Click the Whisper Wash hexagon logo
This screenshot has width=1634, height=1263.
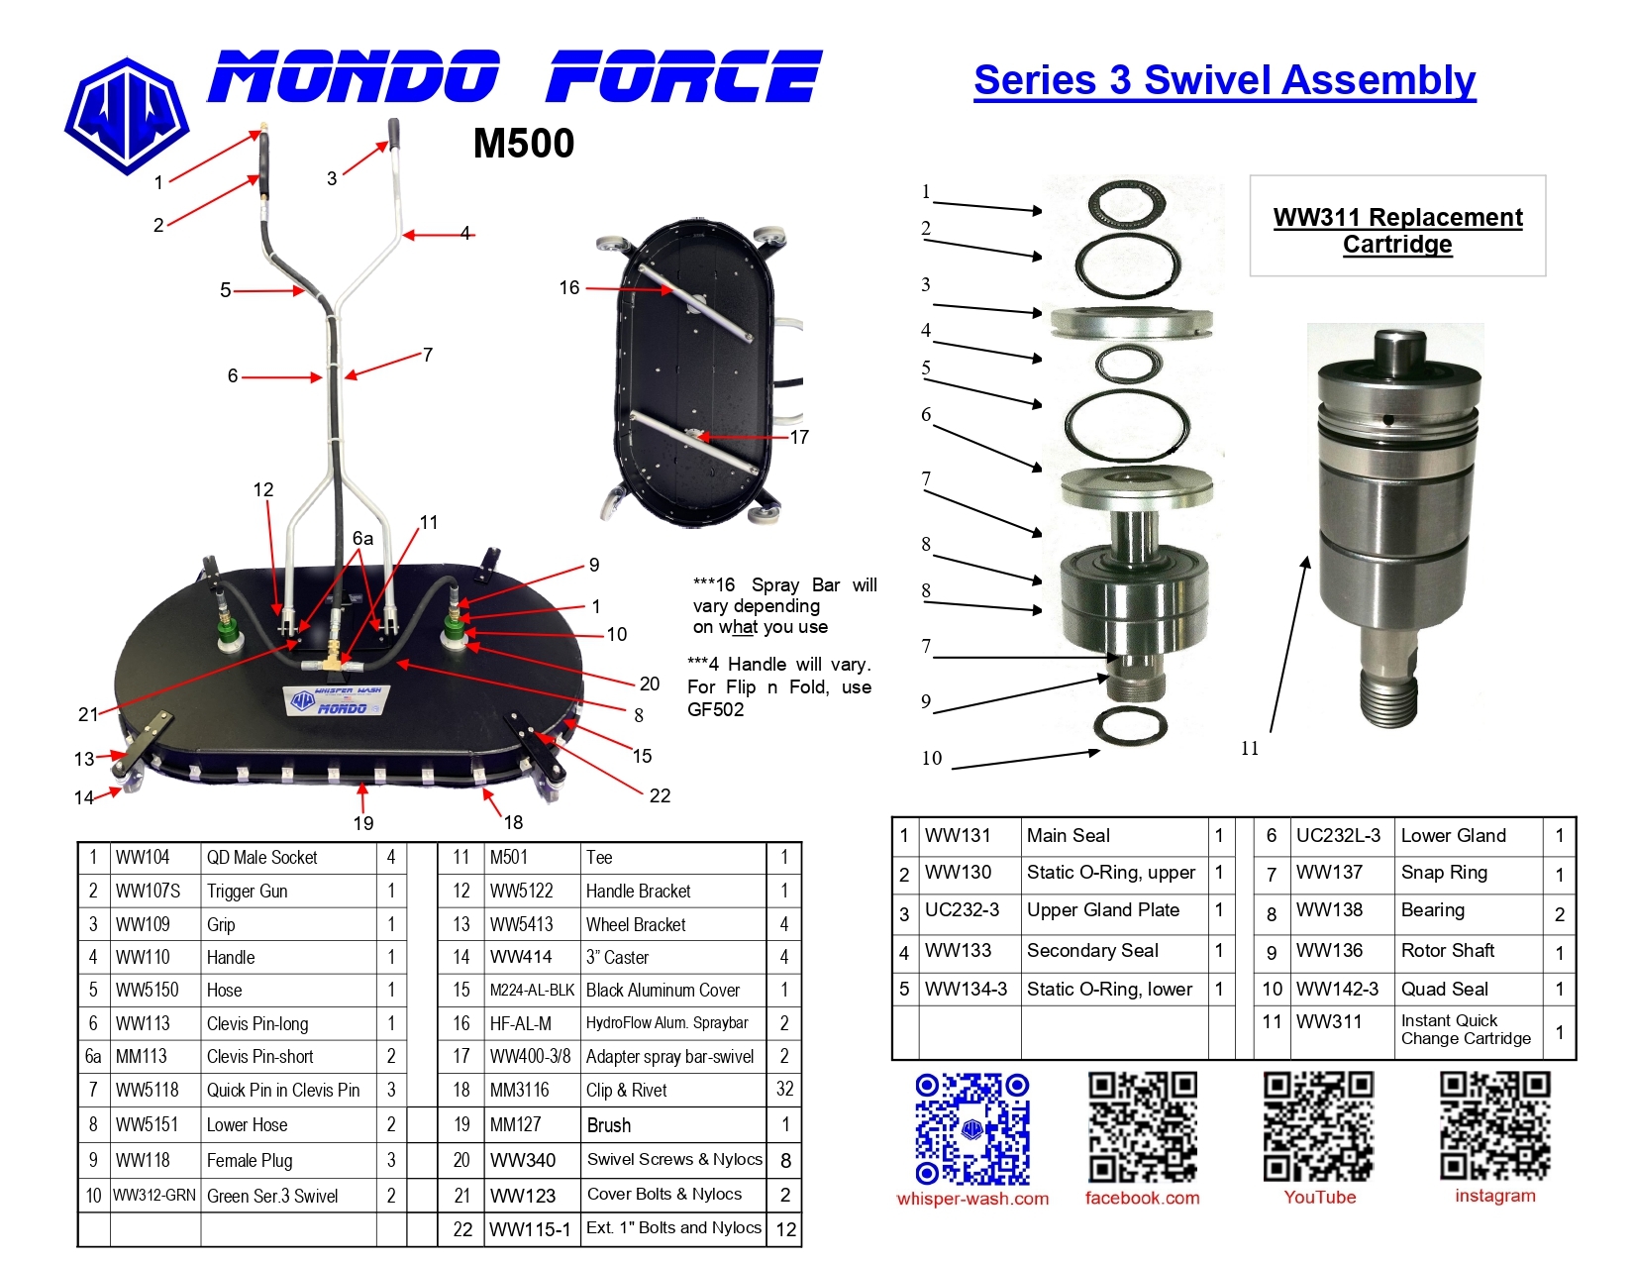point(126,115)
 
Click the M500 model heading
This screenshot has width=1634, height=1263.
point(523,144)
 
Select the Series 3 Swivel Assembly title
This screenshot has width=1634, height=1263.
point(1224,80)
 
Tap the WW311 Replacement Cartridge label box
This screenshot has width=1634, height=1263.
point(1397,227)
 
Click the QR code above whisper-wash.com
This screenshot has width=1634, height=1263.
point(971,1128)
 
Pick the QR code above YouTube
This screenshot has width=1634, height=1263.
point(1318,1127)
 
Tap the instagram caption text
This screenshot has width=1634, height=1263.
point(1494,1196)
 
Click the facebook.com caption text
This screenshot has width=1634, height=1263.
point(1142,1198)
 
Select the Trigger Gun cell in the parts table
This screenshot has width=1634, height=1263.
point(247,891)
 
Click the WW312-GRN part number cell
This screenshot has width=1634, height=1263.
point(154,1196)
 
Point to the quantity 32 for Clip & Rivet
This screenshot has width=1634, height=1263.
point(784,1090)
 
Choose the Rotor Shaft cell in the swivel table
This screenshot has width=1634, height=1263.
point(1447,951)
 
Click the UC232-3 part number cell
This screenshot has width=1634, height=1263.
point(962,910)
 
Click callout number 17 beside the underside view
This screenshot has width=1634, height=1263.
point(799,437)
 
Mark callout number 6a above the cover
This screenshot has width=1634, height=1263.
point(362,539)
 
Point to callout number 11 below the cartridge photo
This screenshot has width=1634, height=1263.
point(1250,749)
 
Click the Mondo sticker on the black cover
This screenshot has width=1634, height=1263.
point(338,701)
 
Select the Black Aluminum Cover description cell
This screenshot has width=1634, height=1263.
point(663,991)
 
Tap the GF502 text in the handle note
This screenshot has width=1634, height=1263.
point(715,709)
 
